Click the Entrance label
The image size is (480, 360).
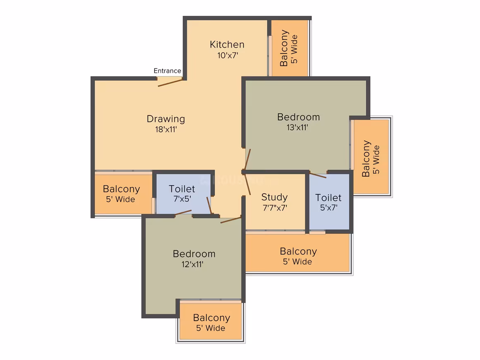click(x=167, y=71)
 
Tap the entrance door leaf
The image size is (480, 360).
click(x=170, y=83)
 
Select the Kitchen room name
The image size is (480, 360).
click(x=227, y=45)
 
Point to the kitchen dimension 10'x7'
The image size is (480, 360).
click(x=228, y=55)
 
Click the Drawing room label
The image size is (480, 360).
click(x=166, y=119)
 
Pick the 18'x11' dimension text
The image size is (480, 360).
click(x=166, y=130)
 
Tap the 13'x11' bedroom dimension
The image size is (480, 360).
click(x=297, y=127)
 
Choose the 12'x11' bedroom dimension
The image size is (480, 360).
click(x=192, y=264)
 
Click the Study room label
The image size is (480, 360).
click(x=275, y=197)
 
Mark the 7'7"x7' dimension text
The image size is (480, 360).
click(x=275, y=208)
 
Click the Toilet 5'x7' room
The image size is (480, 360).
click(x=329, y=202)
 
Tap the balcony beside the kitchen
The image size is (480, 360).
click(x=290, y=48)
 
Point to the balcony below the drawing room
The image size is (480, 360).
click(x=123, y=194)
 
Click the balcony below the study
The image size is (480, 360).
click(x=298, y=252)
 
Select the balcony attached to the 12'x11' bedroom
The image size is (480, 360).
click(x=211, y=321)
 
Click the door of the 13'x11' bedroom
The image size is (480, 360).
click(x=247, y=159)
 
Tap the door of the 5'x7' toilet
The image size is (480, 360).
click(x=318, y=176)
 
